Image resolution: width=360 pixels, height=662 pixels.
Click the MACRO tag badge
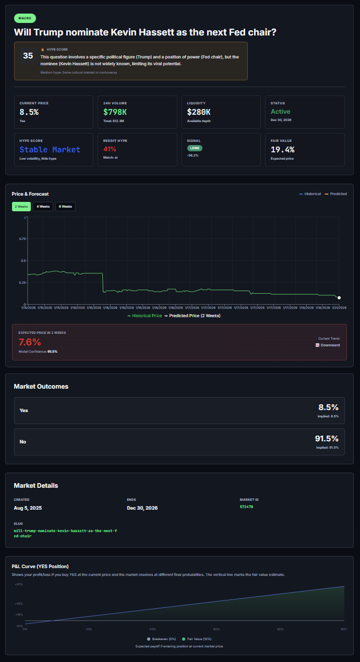click(25, 18)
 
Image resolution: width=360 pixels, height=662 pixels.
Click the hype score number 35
click(28, 56)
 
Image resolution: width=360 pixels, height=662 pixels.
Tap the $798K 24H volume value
click(115, 112)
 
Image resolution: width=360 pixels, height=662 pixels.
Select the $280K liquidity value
click(199, 112)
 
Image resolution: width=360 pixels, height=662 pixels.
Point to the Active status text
click(281, 112)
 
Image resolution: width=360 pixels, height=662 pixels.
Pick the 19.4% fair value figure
click(282, 150)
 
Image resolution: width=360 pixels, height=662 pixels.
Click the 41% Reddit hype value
click(110, 149)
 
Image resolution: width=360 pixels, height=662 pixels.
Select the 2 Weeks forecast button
click(21, 207)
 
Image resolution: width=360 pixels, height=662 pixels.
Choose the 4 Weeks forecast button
click(43, 207)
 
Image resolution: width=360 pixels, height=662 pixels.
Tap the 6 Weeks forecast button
click(66, 207)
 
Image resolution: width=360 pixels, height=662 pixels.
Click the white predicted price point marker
click(339, 298)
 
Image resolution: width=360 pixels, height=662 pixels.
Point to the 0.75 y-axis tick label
click(22, 238)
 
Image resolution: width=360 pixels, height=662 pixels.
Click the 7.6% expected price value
click(29, 342)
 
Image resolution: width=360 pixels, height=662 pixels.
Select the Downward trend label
click(330, 345)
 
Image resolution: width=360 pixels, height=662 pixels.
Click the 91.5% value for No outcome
click(327, 439)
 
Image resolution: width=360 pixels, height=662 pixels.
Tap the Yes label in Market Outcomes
click(24, 411)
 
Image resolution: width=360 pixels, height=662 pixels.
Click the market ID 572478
click(247, 507)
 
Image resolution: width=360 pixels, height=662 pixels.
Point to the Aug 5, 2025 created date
click(28, 508)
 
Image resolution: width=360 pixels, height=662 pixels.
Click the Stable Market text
click(50, 150)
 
